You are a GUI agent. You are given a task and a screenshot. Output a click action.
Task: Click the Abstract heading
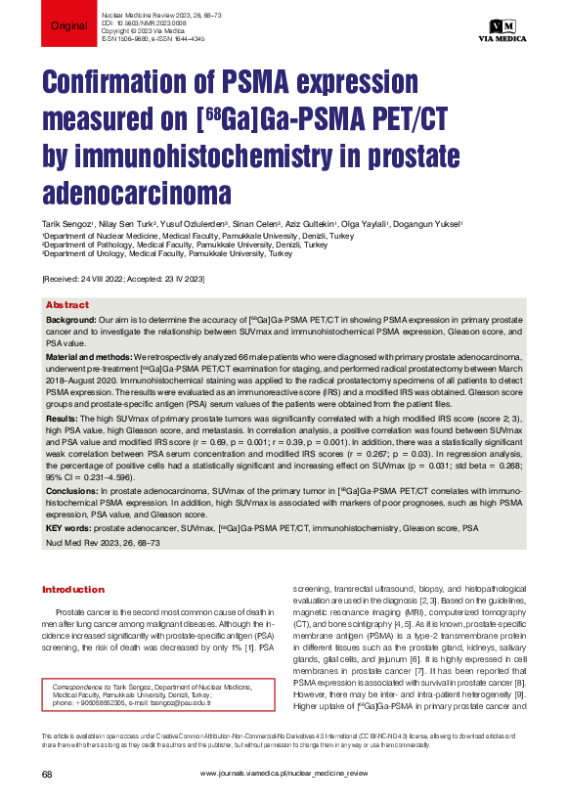point(67,305)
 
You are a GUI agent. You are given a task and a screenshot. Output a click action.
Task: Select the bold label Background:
point(71,320)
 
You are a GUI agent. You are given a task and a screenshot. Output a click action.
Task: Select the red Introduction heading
point(72,590)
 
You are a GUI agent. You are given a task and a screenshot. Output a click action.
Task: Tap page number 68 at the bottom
point(46,773)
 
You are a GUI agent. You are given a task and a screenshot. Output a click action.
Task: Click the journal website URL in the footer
point(284,773)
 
